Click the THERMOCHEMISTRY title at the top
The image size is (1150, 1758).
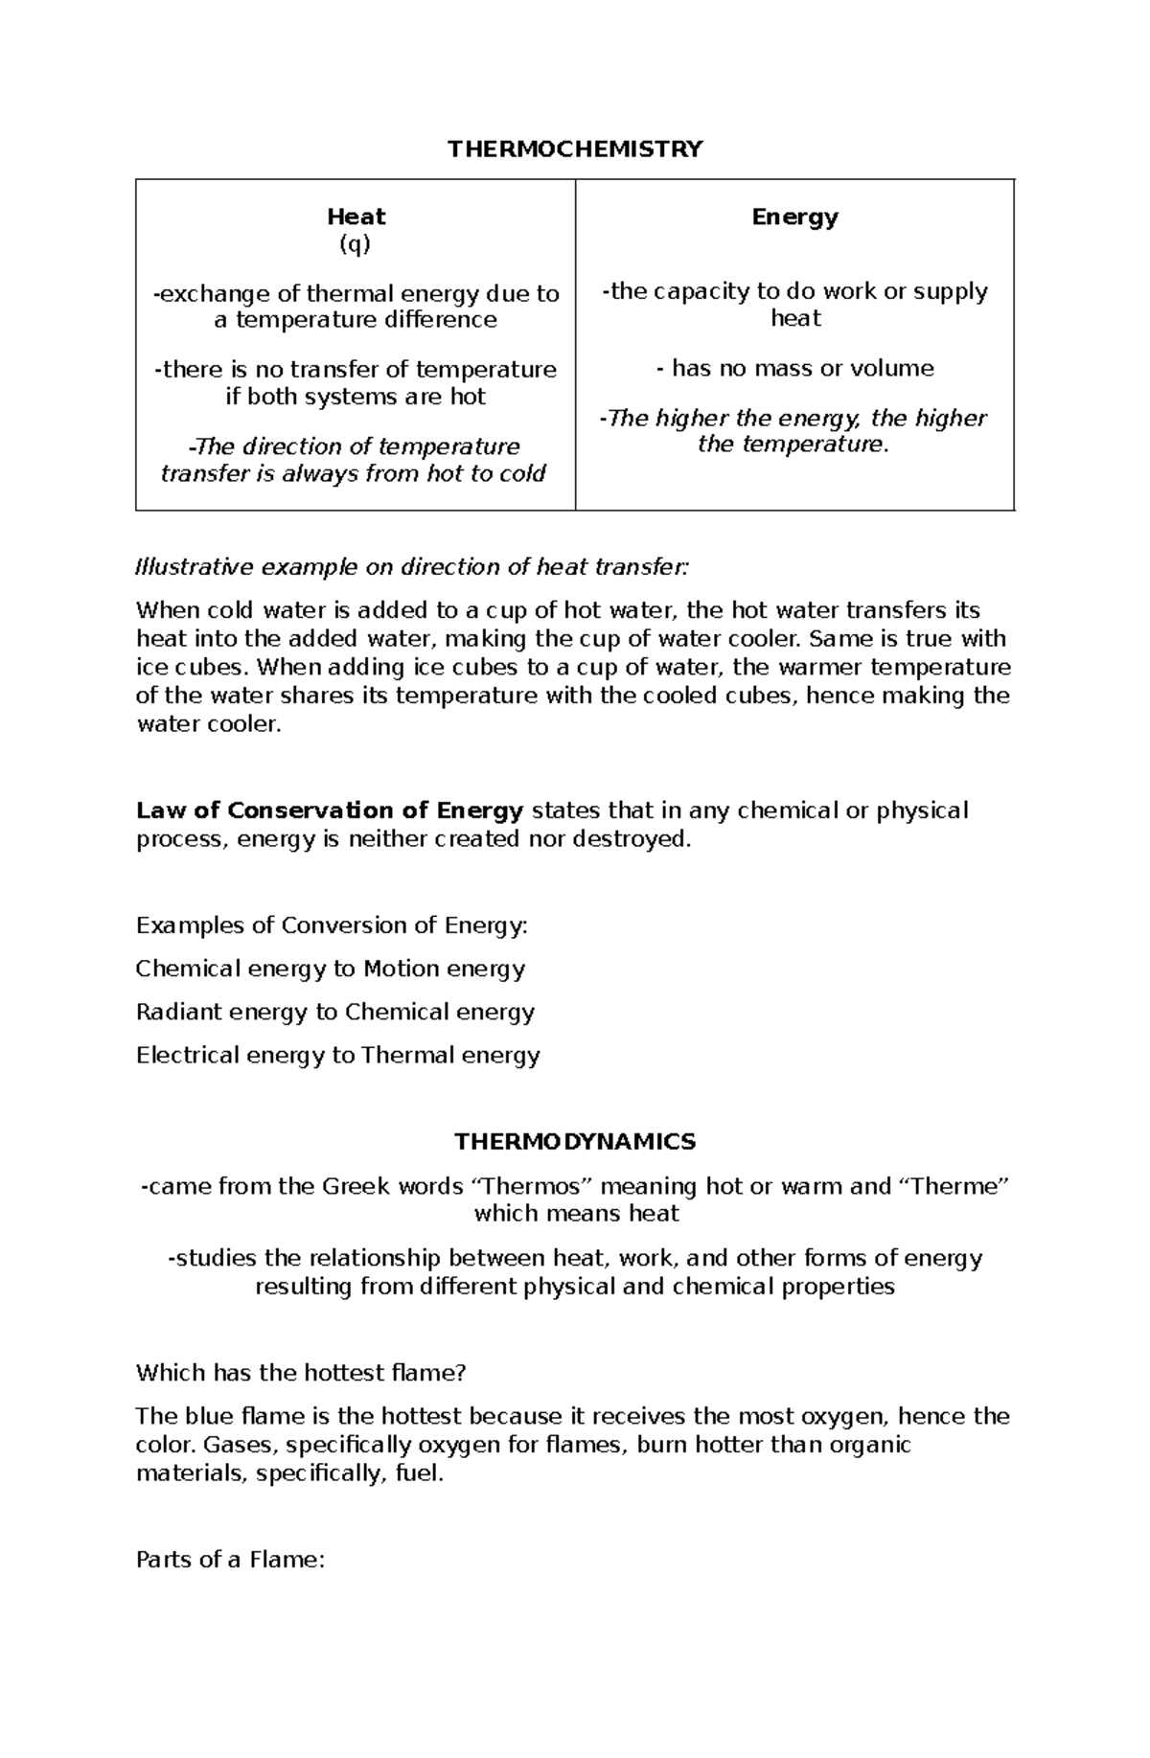coord(575,148)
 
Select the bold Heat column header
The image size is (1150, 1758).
coord(356,217)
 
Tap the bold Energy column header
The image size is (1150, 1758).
coord(794,217)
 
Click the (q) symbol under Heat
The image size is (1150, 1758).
coord(355,244)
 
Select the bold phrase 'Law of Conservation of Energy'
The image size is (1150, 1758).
coord(330,811)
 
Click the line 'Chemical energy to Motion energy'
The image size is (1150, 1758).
coord(330,969)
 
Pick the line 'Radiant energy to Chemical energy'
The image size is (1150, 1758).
coord(334,1012)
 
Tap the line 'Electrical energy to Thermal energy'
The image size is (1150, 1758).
coord(337,1055)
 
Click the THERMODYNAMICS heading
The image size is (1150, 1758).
coord(575,1141)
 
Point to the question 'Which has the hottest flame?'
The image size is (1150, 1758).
coord(300,1372)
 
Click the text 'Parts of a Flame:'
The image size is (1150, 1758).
coord(230,1559)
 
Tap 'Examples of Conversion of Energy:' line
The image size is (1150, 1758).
coord(332,925)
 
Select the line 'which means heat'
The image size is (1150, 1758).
coord(576,1213)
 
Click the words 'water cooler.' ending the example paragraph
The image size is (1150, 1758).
coord(209,724)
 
